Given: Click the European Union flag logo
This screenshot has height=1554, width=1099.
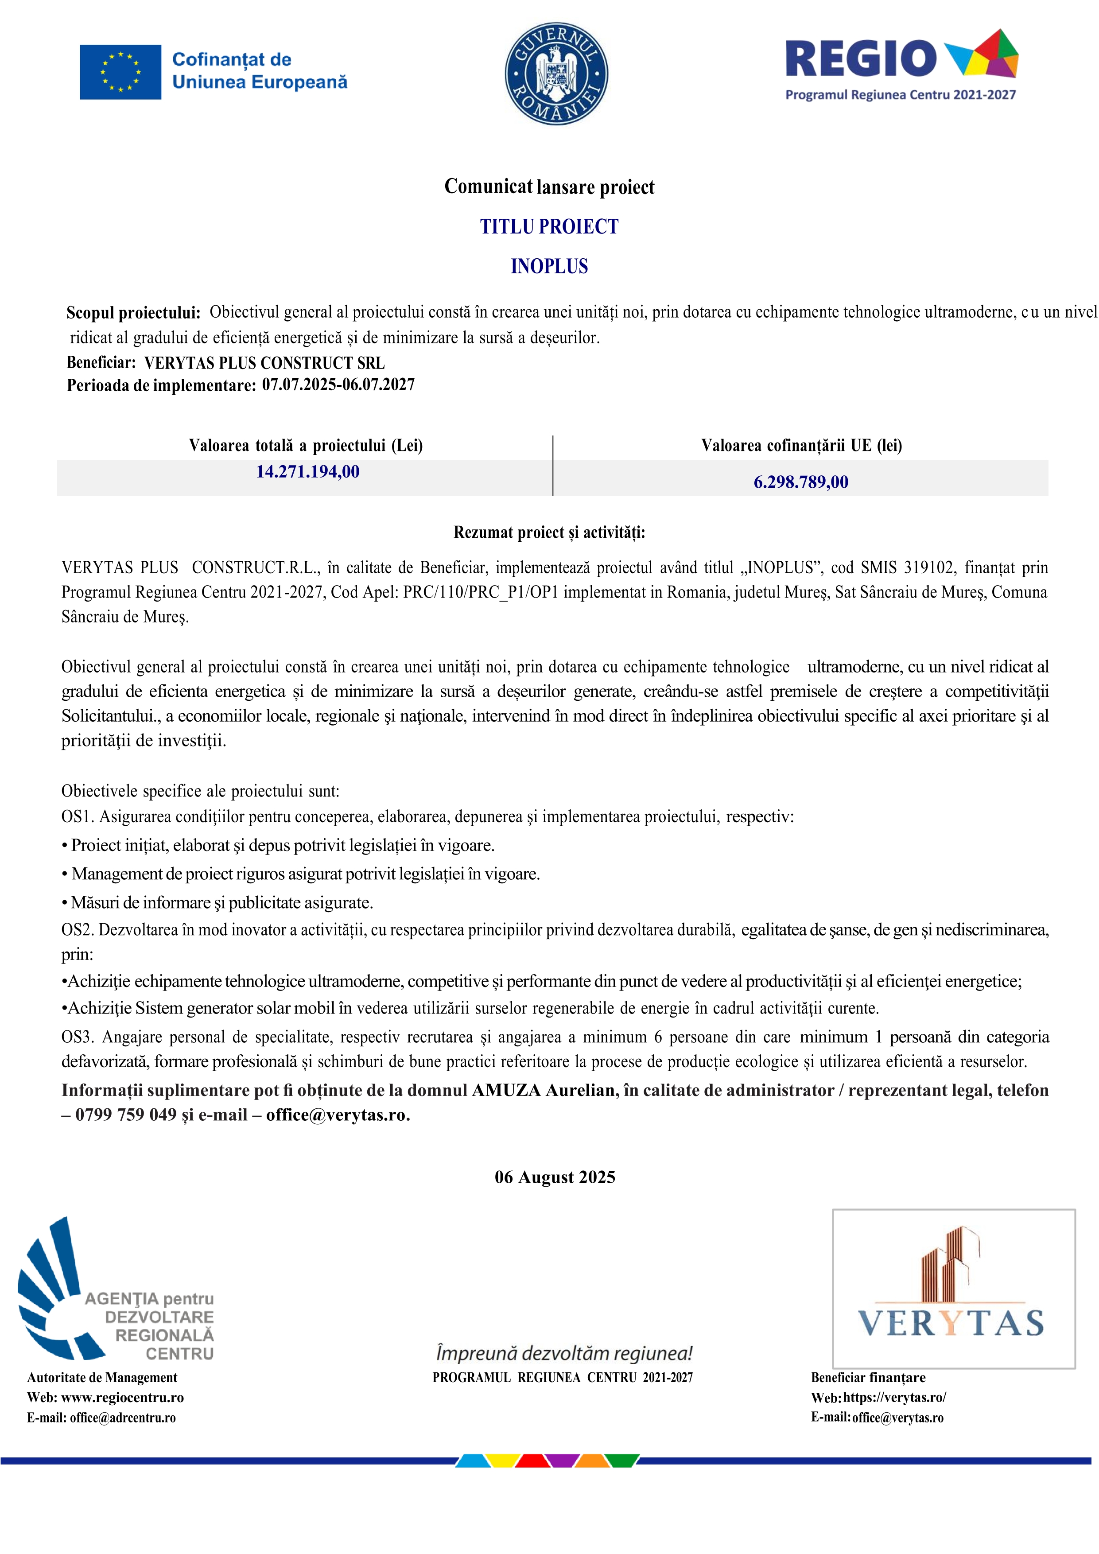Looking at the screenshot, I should (x=120, y=72).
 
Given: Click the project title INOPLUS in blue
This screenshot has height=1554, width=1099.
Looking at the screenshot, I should (x=549, y=267).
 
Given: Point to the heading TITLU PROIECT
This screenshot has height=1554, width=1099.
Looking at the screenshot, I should (x=549, y=227).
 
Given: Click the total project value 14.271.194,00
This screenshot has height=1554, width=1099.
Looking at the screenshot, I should (x=307, y=472).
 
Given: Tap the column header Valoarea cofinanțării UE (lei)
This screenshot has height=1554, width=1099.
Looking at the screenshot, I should (x=801, y=445).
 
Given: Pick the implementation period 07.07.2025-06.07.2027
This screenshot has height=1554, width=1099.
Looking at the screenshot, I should (x=338, y=385).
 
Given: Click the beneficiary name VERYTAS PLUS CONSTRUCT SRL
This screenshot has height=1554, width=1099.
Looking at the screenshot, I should (x=264, y=363).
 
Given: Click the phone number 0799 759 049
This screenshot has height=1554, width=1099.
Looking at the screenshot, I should (x=126, y=1115).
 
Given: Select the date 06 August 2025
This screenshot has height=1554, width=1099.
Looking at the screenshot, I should (x=555, y=1177).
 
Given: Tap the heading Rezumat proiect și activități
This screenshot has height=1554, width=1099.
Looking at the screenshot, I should (x=549, y=532).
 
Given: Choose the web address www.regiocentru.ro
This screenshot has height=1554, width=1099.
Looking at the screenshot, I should (x=123, y=1398).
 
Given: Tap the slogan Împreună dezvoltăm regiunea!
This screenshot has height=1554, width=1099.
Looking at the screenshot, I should (x=564, y=1354).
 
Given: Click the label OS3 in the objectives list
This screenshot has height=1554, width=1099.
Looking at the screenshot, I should (x=76, y=1037).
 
